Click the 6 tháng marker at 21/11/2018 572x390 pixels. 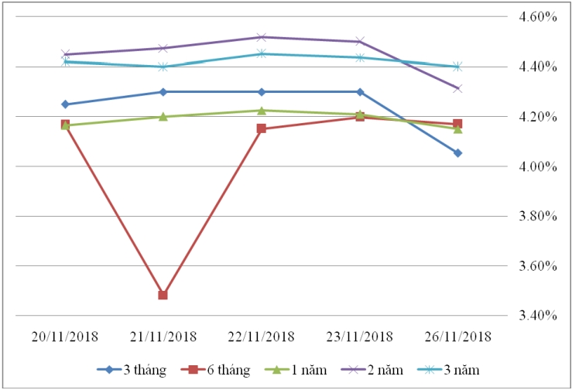[163, 295]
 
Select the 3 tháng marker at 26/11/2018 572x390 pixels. [457, 153]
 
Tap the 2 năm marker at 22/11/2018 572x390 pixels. [262, 37]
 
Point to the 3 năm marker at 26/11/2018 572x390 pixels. [457, 67]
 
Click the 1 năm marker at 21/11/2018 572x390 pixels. [163, 117]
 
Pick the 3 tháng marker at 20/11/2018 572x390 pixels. [65, 104]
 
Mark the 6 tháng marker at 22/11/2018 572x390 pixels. [262, 128]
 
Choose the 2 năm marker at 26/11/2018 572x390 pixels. [457, 89]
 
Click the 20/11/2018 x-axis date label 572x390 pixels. [65, 337]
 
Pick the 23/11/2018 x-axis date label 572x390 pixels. [359, 337]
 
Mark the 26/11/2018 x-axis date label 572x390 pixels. [457, 337]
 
